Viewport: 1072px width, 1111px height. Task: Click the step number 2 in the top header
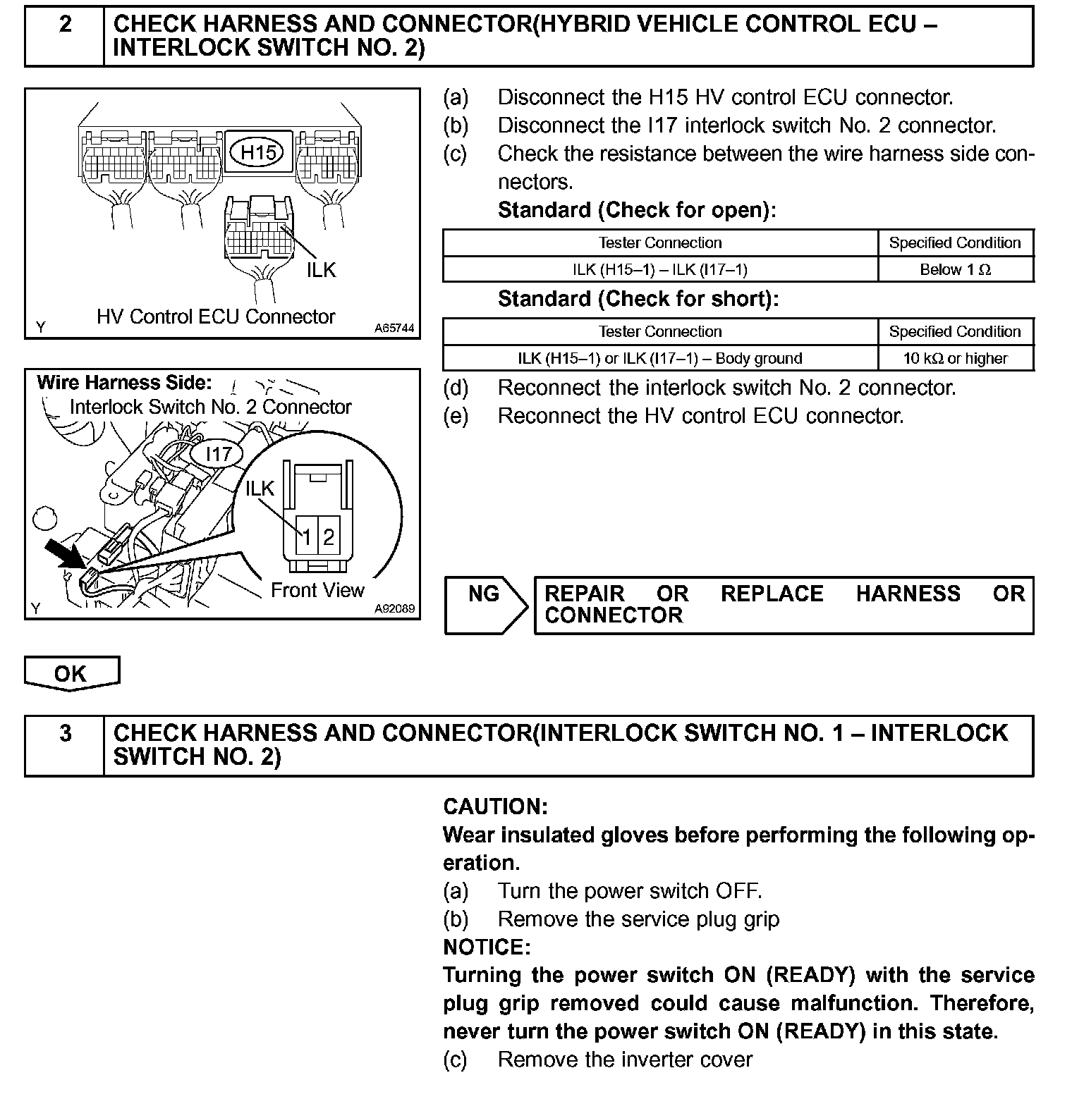click(x=65, y=25)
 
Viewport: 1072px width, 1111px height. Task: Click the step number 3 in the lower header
click(x=65, y=734)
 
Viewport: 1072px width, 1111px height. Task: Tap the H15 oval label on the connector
click(x=257, y=152)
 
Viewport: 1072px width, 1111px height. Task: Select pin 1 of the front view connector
click(x=307, y=538)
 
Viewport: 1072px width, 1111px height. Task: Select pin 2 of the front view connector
click(x=329, y=538)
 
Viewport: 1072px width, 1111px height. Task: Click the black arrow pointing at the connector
click(x=64, y=552)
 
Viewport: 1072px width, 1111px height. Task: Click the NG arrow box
click(x=485, y=605)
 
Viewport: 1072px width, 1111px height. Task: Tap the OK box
click(x=71, y=673)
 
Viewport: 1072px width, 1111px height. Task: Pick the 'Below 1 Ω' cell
click(x=955, y=269)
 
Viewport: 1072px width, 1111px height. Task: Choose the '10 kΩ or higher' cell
click(x=955, y=358)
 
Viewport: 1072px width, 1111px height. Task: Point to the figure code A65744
click(x=394, y=328)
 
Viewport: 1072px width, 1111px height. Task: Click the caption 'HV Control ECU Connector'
click(x=216, y=317)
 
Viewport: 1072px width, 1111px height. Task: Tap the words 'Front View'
click(x=317, y=590)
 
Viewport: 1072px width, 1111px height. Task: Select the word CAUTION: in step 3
click(x=495, y=806)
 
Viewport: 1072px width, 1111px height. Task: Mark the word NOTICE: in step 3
click(x=487, y=946)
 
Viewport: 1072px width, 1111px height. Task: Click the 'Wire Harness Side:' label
click(x=124, y=383)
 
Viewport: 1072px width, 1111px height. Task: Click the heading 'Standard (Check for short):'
click(x=638, y=299)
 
